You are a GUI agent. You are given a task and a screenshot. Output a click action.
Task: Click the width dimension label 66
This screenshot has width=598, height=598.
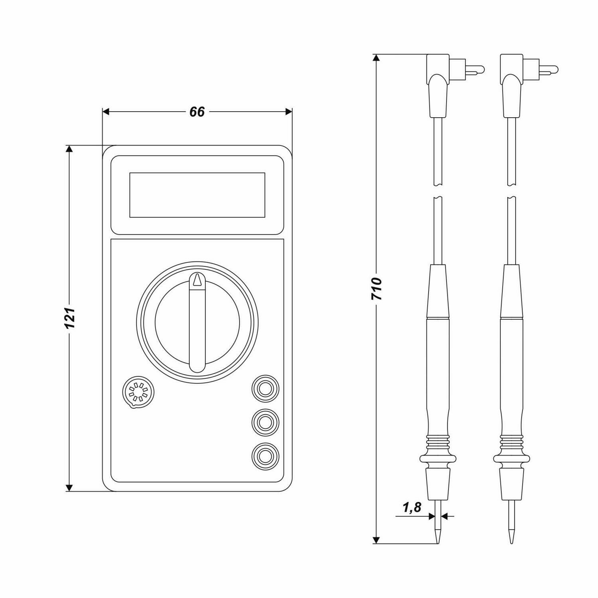click(x=197, y=112)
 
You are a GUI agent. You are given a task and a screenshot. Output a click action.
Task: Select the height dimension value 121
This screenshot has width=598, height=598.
click(x=70, y=318)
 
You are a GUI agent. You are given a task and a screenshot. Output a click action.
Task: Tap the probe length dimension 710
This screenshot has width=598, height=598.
click(x=376, y=289)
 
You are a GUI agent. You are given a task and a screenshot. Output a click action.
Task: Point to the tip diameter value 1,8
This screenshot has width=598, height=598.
click(x=412, y=508)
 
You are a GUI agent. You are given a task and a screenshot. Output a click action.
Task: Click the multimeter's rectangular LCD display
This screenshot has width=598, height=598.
click(x=197, y=195)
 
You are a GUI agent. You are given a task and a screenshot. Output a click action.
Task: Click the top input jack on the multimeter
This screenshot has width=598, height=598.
click(x=265, y=388)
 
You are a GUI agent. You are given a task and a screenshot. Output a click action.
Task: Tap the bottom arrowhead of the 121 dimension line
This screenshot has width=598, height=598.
click(x=69, y=487)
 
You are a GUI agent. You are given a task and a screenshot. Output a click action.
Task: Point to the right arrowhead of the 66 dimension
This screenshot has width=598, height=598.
click(x=289, y=112)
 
